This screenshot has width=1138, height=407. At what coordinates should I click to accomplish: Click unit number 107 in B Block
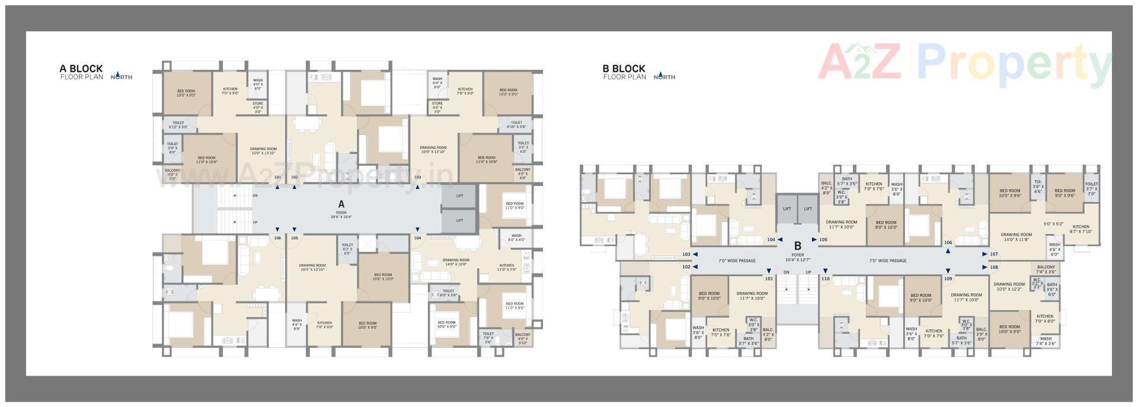994,254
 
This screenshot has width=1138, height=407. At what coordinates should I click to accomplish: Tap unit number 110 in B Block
825,278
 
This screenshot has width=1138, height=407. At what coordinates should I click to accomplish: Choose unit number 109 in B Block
948,278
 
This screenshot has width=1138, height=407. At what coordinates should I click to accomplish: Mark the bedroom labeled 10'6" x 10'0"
383,277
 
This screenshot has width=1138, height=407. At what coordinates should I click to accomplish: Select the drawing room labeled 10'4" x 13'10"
312,267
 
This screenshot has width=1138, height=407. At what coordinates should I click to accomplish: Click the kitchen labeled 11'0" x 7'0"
507,267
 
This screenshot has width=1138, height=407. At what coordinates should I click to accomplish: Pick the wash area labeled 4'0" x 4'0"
516,238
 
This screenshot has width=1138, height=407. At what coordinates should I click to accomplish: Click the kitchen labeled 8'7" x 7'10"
1081,229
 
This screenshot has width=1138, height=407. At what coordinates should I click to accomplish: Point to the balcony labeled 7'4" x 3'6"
1046,269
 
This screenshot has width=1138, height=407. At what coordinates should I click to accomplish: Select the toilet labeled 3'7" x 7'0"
1092,189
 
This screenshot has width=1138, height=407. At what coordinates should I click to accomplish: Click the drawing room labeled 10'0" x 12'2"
1009,286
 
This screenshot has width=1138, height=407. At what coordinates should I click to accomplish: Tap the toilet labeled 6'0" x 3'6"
448,293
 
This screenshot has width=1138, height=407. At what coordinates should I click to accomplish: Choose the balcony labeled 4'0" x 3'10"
523,338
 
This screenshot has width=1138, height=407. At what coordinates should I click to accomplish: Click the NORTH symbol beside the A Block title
122,76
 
